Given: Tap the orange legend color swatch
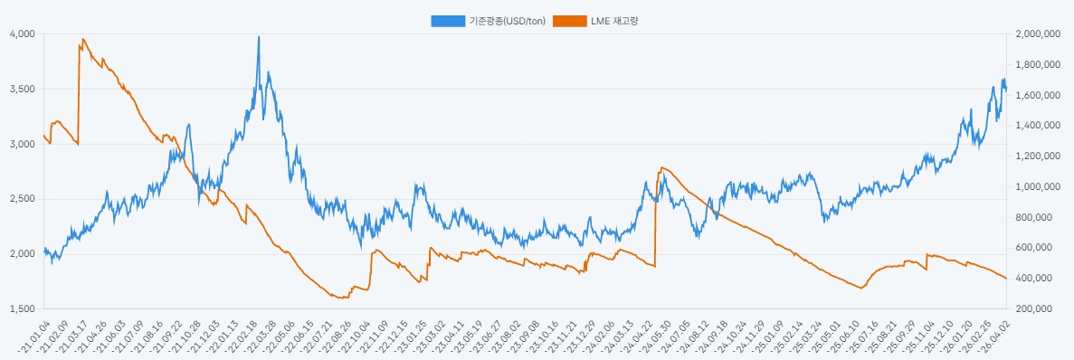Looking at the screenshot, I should click(x=568, y=21).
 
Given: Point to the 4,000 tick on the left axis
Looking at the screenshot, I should click(x=22, y=34).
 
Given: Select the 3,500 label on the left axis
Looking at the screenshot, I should click(x=22, y=90).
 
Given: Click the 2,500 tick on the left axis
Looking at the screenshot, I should click(x=22, y=199).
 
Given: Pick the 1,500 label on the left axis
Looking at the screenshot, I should click(x=22, y=308).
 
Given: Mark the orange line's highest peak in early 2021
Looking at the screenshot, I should click(x=83, y=39).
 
